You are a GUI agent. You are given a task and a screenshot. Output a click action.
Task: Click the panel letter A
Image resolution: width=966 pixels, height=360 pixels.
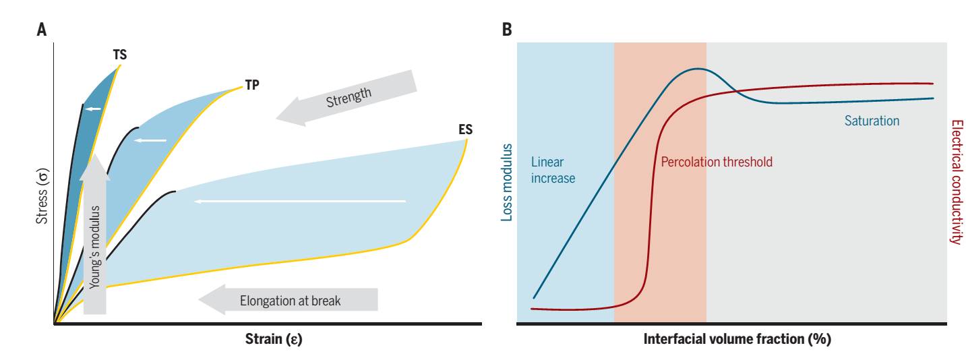42,30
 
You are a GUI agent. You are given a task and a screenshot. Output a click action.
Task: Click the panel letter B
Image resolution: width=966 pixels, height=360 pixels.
507,30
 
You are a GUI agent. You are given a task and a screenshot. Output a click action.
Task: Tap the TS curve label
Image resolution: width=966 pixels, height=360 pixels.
119,55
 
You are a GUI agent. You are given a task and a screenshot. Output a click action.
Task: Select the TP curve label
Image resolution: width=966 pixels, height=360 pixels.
252,86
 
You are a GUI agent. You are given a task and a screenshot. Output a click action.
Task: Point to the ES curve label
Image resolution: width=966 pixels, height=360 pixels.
465,129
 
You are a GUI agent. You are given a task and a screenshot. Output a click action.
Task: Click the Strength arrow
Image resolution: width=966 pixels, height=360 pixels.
347,98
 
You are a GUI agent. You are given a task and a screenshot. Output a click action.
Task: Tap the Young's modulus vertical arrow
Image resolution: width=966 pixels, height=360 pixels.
95,236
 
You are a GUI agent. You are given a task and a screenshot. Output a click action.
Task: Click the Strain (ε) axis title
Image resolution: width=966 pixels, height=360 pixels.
273,338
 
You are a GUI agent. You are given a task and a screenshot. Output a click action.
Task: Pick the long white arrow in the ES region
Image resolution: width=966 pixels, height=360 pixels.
300,201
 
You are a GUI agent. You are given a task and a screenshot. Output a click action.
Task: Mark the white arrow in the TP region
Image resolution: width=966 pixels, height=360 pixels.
150,140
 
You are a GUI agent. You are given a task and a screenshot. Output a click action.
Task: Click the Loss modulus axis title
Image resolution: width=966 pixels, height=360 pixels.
507,183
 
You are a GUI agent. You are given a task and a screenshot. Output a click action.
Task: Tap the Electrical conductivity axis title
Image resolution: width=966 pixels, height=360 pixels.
955,182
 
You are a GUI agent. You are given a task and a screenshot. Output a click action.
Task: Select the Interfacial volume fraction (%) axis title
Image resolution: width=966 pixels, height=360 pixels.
737,338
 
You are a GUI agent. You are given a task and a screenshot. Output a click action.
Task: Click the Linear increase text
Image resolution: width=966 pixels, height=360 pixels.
553,171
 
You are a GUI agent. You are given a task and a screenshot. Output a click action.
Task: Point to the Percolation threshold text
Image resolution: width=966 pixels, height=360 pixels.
716,162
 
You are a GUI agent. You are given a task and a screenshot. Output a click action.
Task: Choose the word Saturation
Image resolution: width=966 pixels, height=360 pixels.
872,121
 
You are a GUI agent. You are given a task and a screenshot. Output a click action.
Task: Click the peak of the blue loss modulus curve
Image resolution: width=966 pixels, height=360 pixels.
698,69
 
